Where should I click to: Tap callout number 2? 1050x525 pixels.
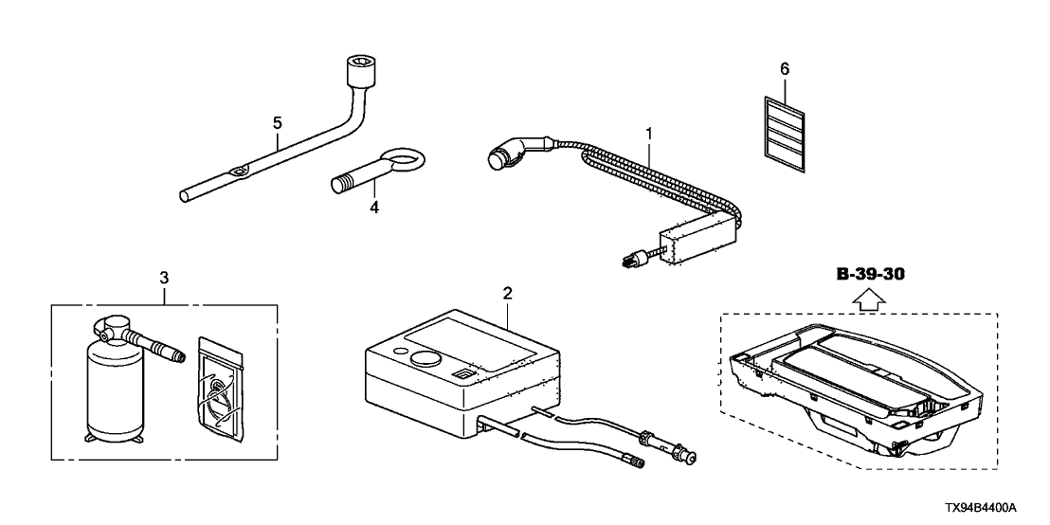click(x=508, y=293)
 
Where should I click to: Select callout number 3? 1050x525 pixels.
click(x=164, y=278)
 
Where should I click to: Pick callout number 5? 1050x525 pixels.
click(x=278, y=122)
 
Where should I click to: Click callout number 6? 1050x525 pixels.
click(x=784, y=68)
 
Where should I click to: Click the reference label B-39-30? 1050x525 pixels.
click(x=872, y=275)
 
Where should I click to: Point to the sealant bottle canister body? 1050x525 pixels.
click(x=115, y=394)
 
